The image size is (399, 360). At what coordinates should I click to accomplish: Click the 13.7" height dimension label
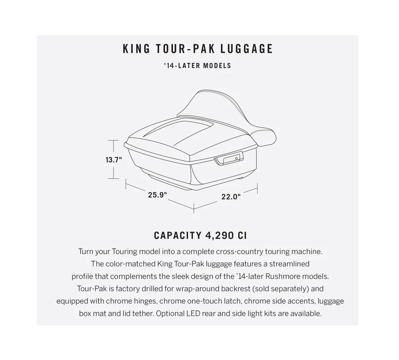[x=114, y=160]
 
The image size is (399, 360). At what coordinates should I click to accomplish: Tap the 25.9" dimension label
[x=158, y=195]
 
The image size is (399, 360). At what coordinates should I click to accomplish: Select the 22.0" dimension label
[x=231, y=197]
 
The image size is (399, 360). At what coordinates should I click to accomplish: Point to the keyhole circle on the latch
[x=236, y=158]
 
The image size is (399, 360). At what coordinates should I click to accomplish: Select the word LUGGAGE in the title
[x=246, y=49]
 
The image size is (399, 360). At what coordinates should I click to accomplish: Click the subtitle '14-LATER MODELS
[x=197, y=66]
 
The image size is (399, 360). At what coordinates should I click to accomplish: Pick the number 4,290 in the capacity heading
[x=219, y=236]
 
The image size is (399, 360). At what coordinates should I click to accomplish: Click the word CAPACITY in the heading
[x=177, y=235]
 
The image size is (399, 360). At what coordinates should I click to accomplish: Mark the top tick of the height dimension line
[x=113, y=140]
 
